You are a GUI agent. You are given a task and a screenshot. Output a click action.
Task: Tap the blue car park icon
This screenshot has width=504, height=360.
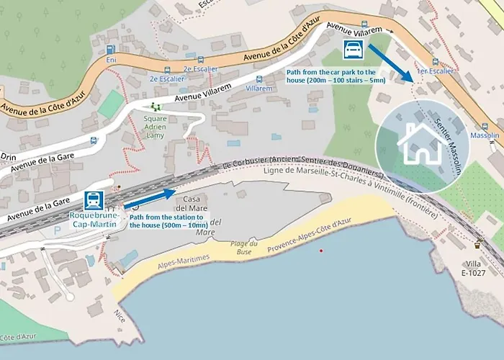point(354,50)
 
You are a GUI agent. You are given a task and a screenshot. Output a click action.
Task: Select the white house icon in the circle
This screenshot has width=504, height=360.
point(422,143)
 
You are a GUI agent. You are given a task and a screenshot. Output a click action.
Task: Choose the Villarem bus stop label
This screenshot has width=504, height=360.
point(259,88)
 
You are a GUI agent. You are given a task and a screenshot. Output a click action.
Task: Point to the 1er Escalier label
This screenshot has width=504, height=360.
point(436,71)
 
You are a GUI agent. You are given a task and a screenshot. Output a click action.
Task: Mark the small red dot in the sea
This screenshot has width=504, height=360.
point(321,250)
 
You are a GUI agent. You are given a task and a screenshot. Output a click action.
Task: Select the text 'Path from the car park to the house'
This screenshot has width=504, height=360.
point(336,73)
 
